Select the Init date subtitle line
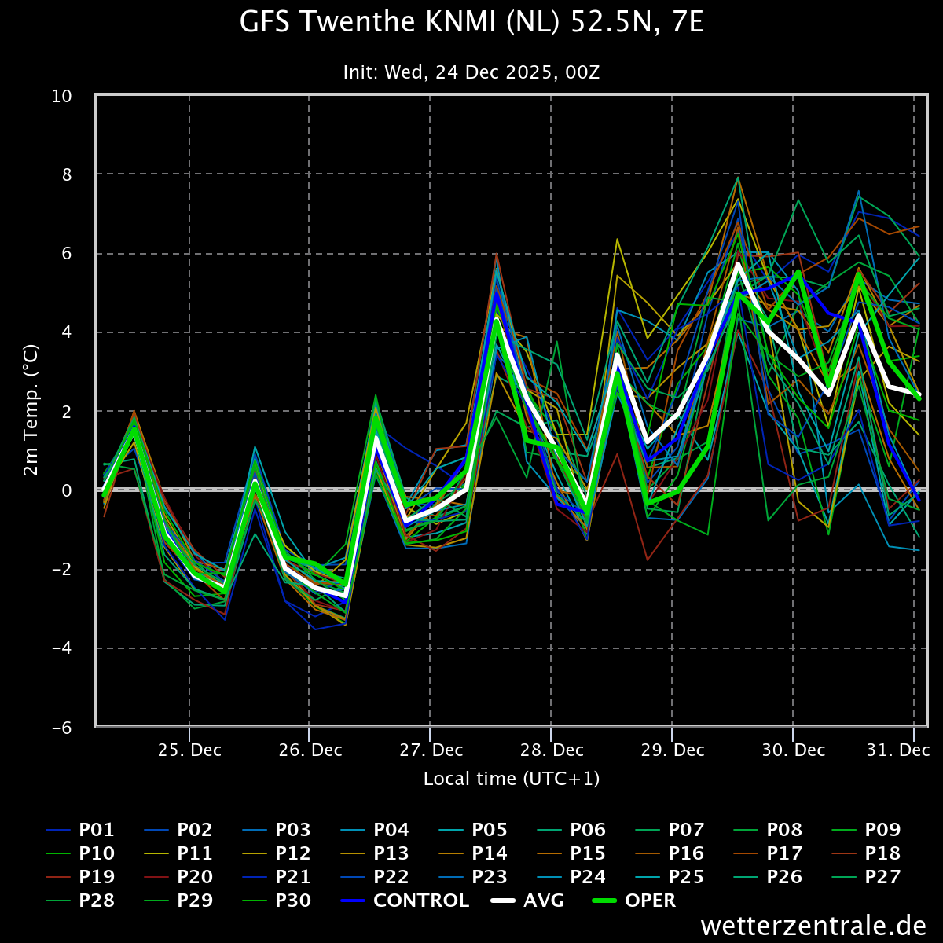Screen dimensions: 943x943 (472, 72)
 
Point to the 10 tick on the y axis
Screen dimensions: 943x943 (61, 97)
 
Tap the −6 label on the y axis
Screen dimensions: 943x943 (61, 728)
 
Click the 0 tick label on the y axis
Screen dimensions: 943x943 (67, 491)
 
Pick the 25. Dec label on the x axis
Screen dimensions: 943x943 (189, 750)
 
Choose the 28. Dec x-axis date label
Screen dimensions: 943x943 (552, 750)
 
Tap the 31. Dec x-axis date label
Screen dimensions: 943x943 (898, 750)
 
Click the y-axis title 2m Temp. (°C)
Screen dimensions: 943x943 (31, 409)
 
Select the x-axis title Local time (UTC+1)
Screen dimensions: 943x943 (512, 779)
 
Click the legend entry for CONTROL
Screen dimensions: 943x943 (404, 901)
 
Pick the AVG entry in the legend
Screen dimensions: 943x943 (527, 901)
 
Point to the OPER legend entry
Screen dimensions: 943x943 (633, 901)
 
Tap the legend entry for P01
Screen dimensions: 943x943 (80, 830)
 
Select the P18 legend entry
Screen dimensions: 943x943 (866, 853)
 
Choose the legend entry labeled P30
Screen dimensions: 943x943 (277, 901)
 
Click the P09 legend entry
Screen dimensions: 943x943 (866, 830)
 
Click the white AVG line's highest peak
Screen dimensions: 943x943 (737, 264)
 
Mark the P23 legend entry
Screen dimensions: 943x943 (473, 877)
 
